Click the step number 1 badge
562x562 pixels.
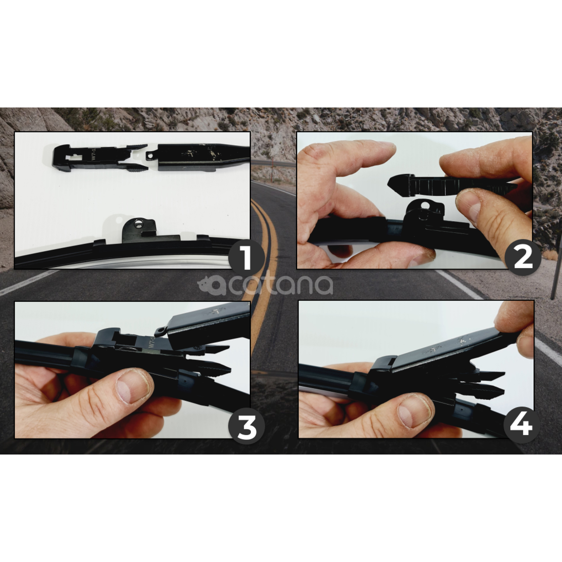click(x=246, y=257)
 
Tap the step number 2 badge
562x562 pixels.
click(x=523, y=257)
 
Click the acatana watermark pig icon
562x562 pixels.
click(x=207, y=284)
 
